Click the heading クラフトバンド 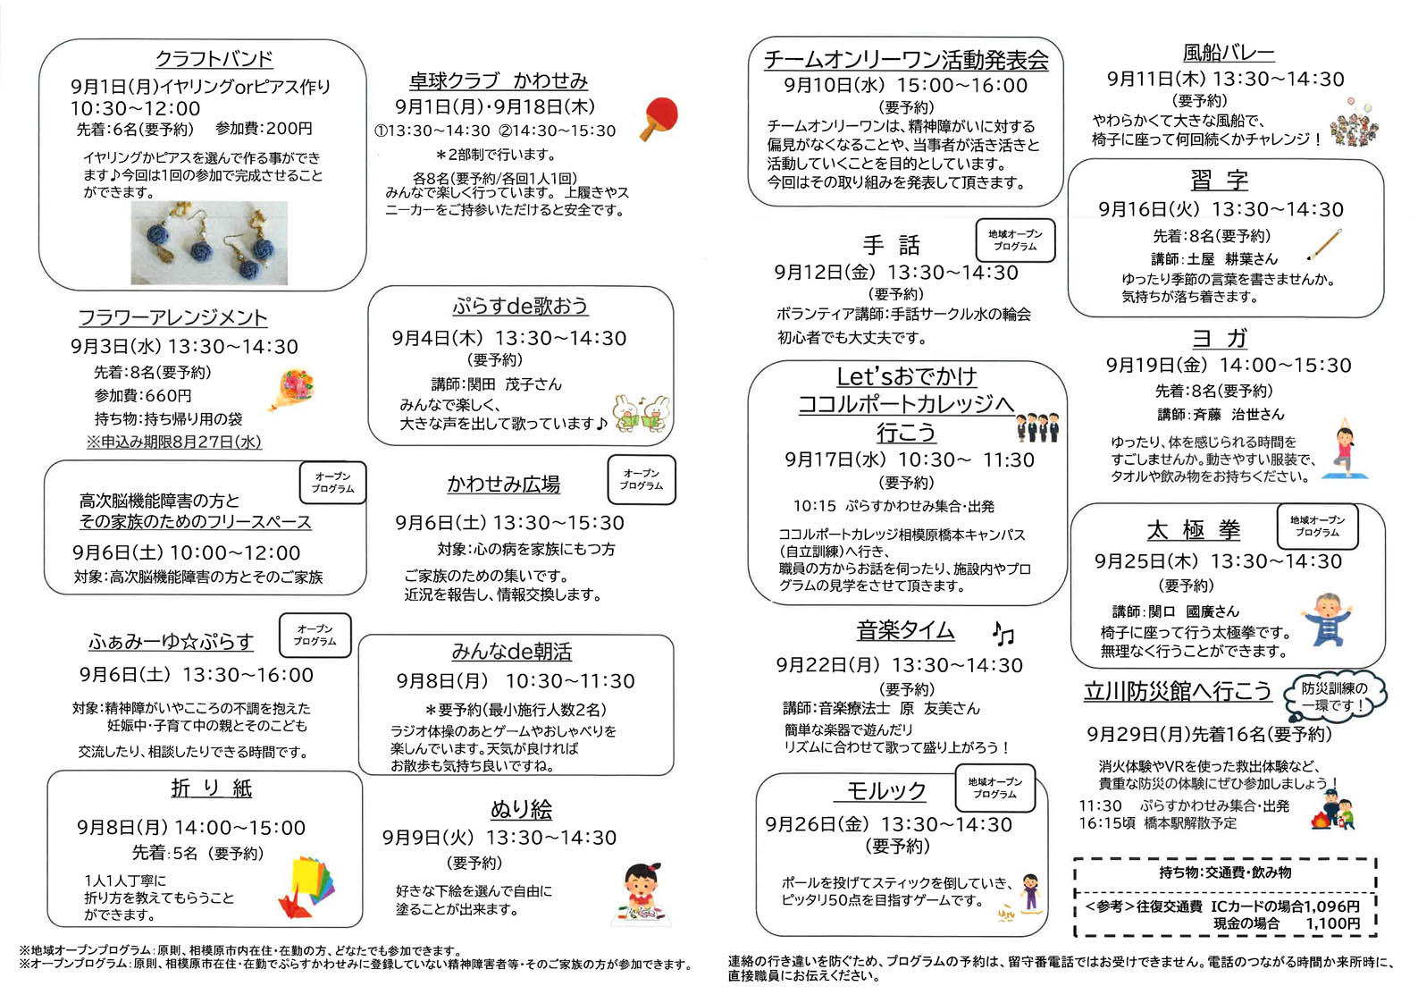coord(214,59)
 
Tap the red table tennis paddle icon coord(659,119)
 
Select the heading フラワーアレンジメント coord(172,318)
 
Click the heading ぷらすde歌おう coord(519,306)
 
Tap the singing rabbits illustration coord(642,414)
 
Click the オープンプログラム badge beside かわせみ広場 coord(642,480)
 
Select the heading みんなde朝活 coord(511,652)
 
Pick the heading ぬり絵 coord(521,810)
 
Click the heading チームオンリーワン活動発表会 coord(906,60)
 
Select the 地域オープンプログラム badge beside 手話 coord(1014,240)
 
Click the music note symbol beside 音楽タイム coord(1003,634)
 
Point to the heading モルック coord(885,791)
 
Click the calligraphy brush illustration coord(1325,244)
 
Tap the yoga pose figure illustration coord(1344,451)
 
